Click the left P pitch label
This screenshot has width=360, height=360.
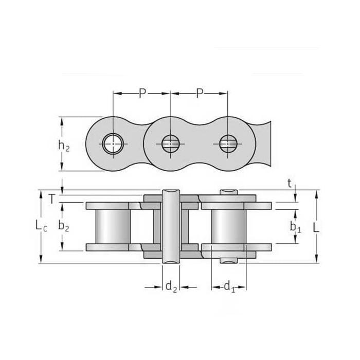pos(142,93)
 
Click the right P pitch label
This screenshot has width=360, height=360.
pos(200,93)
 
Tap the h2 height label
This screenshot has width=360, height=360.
pos(64,146)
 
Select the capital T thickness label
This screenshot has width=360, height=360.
pos(52,199)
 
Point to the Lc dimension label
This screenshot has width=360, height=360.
pos(41,225)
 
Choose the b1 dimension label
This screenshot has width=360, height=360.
pos(295,227)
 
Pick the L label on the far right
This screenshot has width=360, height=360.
pos(316,227)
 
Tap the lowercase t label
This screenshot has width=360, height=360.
pos(290,184)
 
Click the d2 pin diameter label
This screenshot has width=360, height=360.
pos(171,287)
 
